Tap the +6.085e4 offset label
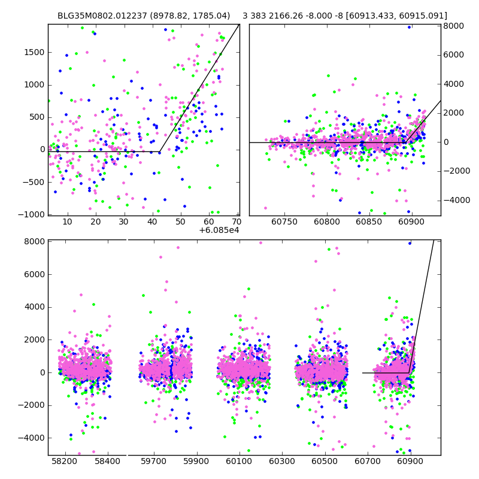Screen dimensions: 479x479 (x=220, y=230)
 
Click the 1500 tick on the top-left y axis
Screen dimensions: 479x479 (x=34, y=52)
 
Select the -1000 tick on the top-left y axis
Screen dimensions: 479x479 (x=32, y=214)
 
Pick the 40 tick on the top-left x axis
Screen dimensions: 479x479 (x=152, y=222)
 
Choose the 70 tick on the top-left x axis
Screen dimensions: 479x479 (x=237, y=222)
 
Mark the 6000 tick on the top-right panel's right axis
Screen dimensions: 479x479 (x=454, y=55)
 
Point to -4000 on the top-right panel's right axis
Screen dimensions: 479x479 (x=456, y=200)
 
